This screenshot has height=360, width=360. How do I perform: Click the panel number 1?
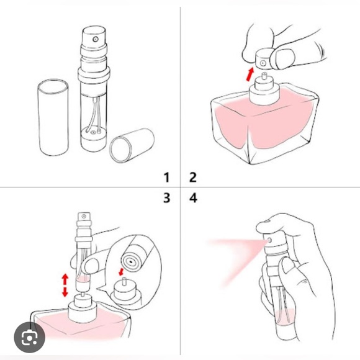click(x=166, y=178)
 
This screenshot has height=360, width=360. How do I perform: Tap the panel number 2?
click(x=193, y=178)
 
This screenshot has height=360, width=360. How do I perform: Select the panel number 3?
click(x=167, y=198)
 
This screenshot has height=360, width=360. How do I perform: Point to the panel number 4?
click(x=193, y=198)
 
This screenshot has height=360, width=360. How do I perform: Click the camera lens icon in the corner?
click(x=29, y=337)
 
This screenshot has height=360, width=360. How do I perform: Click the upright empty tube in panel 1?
click(x=53, y=117)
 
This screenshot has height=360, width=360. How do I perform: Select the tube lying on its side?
click(x=132, y=145)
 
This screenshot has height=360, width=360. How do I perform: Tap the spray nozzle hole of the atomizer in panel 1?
click(x=96, y=39)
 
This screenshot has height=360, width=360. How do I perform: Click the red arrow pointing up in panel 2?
click(x=250, y=74)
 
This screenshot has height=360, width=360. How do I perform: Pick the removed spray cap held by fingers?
click(x=263, y=60)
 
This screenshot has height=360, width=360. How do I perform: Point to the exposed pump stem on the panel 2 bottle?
click(x=264, y=76)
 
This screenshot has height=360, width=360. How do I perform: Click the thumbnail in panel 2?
click(x=285, y=58)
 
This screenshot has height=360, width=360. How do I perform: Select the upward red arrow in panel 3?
click(x=65, y=279)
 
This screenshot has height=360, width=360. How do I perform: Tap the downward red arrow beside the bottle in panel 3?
click(x=65, y=292)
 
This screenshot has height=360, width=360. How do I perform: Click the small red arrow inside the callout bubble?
click(x=121, y=272)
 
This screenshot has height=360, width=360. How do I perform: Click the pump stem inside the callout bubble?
click(x=124, y=281)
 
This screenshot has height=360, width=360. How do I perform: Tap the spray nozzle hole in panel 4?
click(x=269, y=240)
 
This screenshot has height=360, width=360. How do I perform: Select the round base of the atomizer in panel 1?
click(x=93, y=140)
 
